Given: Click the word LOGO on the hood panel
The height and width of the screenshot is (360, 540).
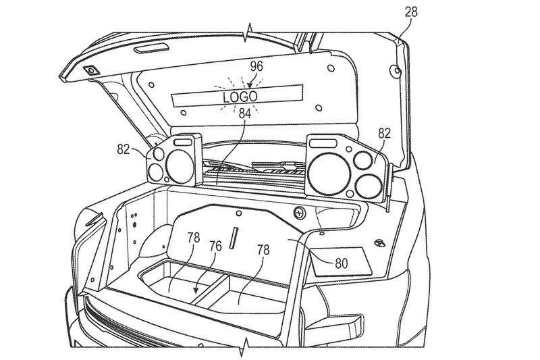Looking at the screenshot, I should pyautogui.click(x=240, y=97).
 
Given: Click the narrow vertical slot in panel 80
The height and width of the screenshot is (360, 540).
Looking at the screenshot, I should pyautogui.click(x=235, y=237).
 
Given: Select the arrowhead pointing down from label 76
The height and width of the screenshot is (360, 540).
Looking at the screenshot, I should pyautogui.click(x=196, y=291).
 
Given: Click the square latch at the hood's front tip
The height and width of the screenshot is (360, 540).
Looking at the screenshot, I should pyautogui.click(x=89, y=70).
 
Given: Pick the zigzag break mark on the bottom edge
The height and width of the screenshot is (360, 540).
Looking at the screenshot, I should pyautogui.click(x=244, y=351).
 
